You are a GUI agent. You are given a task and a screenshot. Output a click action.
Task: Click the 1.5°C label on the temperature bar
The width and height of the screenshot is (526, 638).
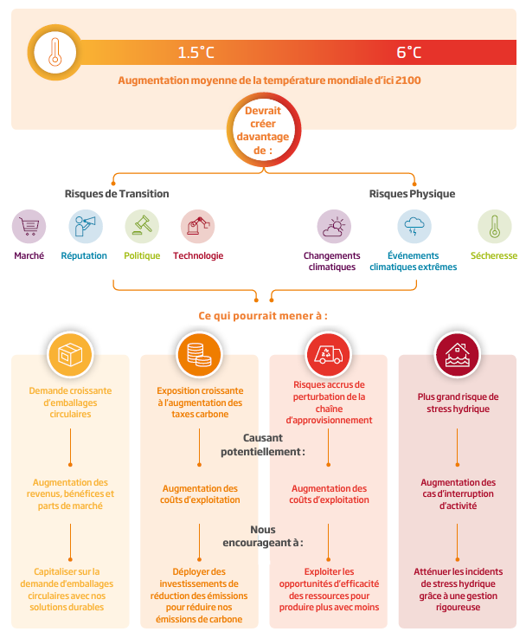tap(196, 53)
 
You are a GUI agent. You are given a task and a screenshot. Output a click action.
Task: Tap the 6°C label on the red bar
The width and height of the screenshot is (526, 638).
tap(409, 53)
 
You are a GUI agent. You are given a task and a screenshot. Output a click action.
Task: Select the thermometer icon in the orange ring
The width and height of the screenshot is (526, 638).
tap(55, 52)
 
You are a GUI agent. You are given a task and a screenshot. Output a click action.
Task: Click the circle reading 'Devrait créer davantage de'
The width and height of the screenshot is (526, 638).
tap(264, 130)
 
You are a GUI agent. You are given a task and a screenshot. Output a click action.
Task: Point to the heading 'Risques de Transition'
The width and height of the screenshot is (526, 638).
tap(117, 194)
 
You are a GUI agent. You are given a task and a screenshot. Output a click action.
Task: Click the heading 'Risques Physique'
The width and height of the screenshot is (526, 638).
tap(412, 194)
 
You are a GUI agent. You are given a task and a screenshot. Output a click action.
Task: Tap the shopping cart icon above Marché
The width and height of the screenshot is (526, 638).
tap(29, 226)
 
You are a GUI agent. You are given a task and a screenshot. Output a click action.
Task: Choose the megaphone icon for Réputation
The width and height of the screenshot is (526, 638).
tap(86, 226)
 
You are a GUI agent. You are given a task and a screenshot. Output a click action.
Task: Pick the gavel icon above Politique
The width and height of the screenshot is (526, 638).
tap(142, 226)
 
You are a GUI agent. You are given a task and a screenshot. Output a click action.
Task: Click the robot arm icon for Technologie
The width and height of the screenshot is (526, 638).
tap(198, 226)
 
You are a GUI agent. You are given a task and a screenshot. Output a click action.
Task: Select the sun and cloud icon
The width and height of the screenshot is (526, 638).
tap(334, 226)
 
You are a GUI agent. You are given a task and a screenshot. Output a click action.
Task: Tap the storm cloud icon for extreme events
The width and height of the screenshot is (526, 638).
tap(414, 226)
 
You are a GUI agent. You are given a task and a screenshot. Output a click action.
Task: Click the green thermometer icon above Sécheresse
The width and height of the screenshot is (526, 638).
tap(494, 226)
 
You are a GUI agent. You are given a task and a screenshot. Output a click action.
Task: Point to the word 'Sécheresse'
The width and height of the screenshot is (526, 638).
tap(494, 255)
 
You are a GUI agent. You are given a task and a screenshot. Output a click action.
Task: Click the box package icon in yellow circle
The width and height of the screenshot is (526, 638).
tap(70, 354)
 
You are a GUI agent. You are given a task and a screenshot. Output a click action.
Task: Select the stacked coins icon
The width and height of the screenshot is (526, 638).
tap(199, 354)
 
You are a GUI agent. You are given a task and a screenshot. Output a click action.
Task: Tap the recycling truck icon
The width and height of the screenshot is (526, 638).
tap(329, 354)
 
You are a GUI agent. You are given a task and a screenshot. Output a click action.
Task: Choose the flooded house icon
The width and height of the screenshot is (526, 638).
tap(458, 354)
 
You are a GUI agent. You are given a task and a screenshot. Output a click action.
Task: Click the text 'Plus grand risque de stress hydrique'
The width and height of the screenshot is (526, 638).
tap(459, 403)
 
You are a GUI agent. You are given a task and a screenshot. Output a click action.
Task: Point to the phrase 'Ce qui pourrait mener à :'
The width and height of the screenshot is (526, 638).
tap(263, 316)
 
